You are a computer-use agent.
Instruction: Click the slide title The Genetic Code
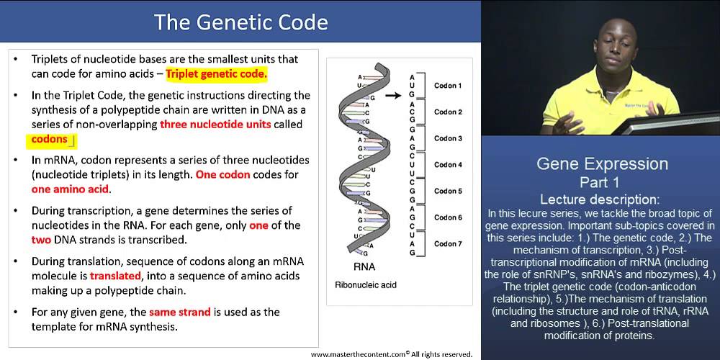[241, 22]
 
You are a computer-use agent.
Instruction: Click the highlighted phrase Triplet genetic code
[216, 73]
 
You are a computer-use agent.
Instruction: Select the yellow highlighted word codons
[50, 139]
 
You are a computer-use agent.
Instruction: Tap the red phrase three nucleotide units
[215, 124]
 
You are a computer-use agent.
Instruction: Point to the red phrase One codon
[222, 174]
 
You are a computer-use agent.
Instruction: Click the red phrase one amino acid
[70, 189]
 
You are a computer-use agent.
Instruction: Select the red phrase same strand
[179, 312]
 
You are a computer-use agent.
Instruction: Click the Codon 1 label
[448, 86]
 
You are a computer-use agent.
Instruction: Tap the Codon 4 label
[448, 165]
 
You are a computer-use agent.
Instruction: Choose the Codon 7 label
[448, 244]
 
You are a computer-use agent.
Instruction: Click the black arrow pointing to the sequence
[392, 94]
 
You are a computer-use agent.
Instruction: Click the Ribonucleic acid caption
[366, 285]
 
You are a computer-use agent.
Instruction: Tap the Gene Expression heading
[601, 163]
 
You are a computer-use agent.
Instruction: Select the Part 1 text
[601, 181]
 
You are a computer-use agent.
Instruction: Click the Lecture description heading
[601, 199]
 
